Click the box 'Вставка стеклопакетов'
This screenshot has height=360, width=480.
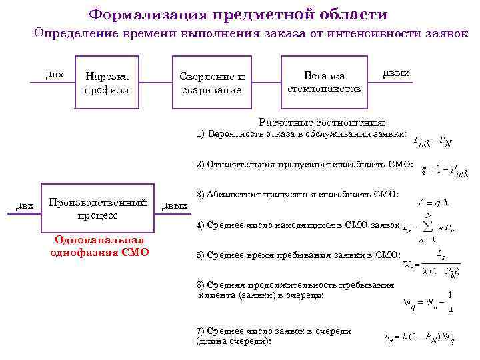[324, 82]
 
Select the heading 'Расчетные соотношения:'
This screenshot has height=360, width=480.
[322, 123]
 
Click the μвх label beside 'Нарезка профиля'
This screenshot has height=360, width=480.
[55, 74]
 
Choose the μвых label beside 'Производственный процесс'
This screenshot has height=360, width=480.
[175, 206]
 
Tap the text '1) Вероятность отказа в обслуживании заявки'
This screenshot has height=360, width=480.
[301, 134]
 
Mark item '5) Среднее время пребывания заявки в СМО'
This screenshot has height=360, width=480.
[298, 255]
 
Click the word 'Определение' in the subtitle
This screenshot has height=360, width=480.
[68, 33]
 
